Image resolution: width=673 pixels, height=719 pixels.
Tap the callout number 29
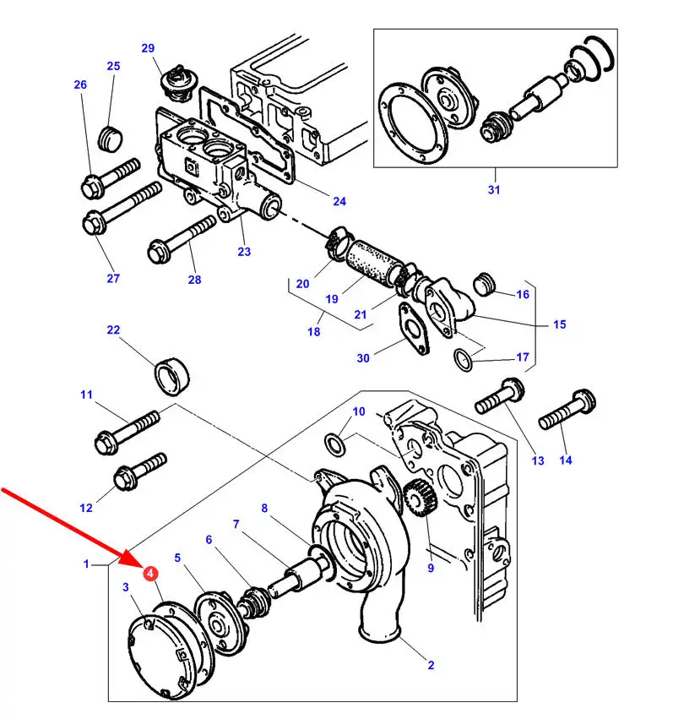point(149,48)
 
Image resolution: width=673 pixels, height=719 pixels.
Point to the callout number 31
point(493,190)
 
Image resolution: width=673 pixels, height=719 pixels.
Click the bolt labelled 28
point(182,240)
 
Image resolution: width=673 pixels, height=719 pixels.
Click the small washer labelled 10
point(334,443)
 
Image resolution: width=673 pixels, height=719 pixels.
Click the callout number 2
point(431,665)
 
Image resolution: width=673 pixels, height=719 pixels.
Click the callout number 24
point(339,201)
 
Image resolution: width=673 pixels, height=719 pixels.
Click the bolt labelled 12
point(135,473)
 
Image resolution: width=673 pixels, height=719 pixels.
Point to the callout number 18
point(313,332)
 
